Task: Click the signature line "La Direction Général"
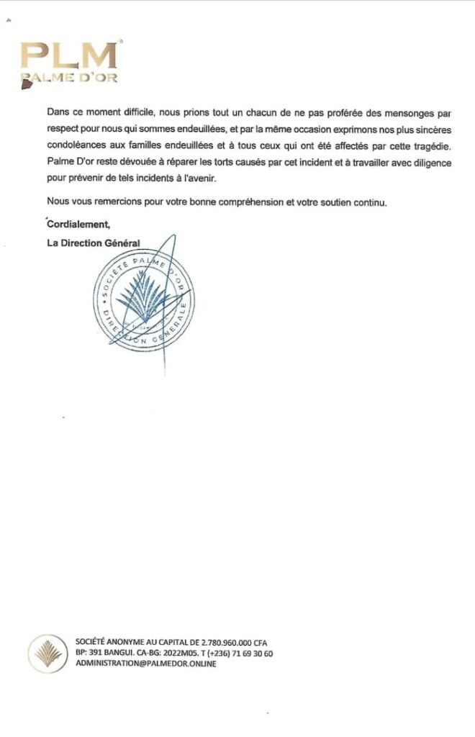93,243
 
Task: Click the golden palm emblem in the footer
47,652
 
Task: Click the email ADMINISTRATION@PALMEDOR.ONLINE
146,664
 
